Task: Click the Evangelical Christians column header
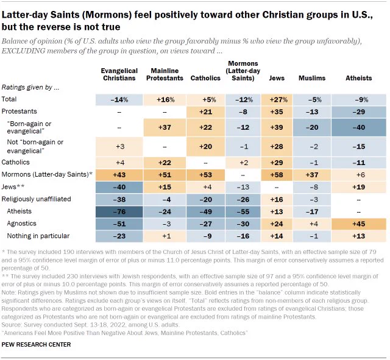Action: pyautogui.click(x=119, y=74)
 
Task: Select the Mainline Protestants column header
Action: pyautogui.click(x=165, y=74)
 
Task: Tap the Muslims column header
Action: pyautogui.click(x=312, y=78)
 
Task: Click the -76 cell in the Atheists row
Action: pyautogui.click(x=119, y=211)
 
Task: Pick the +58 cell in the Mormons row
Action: pyautogui.click(x=277, y=175)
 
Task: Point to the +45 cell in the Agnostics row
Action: pyautogui.click(x=359, y=224)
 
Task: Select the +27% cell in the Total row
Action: pyautogui.click(x=277, y=100)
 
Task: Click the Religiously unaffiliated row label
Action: pyautogui.click(x=37, y=199)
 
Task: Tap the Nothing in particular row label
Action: pyautogui.click(x=38, y=236)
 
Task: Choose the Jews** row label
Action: pyautogui.click(x=13, y=187)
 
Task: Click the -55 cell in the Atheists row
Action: pyautogui.click(x=243, y=211)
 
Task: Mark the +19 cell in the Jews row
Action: pyautogui.click(x=359, y=187)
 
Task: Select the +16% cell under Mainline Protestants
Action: pyautogui.click(x=165, y=100)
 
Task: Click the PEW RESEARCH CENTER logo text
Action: pyautogui.click(x=36, y=345)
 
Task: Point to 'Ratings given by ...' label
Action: pyautogui.click(x=30, y=88)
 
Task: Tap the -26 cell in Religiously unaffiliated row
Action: pyautogui.click(x=243, y=199)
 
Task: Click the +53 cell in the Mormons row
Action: pyautogui.click(x=205, y=175)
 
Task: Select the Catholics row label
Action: pyautogui.click(x=15, y=162)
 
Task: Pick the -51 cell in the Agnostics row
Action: pyautogui.click(x=119, y=224)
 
